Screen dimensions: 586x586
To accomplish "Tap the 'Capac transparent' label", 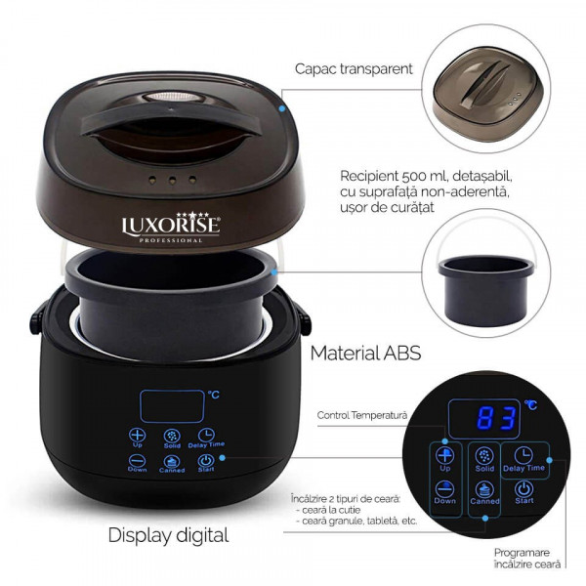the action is click(x=354, y=69).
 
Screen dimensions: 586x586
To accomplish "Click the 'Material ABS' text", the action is click(x=365, y=354).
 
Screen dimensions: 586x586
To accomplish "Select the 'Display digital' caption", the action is click(x=168, y=535).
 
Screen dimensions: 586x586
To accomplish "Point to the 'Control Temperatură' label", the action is click(x=361, y=415).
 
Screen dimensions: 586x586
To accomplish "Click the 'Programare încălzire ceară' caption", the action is click(x=527, y=558).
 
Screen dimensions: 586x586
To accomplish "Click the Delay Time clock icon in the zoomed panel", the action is click(x=523, y=455).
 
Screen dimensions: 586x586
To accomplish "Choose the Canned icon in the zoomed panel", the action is click(x=484, y=489).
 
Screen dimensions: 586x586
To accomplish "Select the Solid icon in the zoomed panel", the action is click(x=484, y=455).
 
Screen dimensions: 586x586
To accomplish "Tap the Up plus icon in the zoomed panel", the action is click(x=444, y=455).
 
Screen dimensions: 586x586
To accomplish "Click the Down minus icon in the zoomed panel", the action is click(x=444, y=489).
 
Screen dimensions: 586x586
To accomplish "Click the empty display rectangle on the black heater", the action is click(x=172, y=406).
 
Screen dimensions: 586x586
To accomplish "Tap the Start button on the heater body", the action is click(x=206, y=463).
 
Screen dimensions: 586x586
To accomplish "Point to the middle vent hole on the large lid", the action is click(x=172, y=181).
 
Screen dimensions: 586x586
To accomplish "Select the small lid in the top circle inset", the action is click(x=485, y=89).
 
